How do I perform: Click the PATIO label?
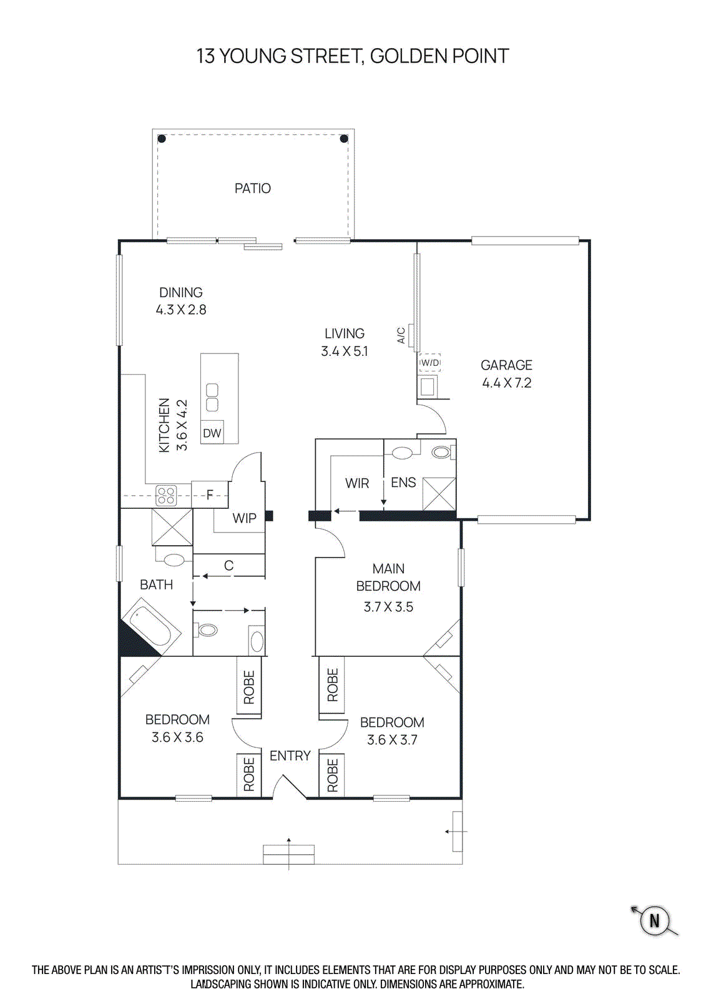point(252,188)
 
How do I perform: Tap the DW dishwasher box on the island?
point(212,433)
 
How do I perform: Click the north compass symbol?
point(654,920)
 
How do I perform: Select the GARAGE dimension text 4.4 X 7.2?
point(506,383)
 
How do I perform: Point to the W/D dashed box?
point(429,363)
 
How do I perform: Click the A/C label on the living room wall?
point(401,335)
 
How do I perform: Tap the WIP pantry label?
point(244,518)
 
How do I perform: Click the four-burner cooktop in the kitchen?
point(166,496)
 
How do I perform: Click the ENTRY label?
point(290,755)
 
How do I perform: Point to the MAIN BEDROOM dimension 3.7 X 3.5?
point(388,606)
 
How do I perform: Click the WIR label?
point(356,483)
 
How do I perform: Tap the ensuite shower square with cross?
point(439,494)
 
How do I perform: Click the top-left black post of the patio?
point(161,139)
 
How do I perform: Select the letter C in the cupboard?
point(228,565)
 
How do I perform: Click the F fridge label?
point(210,495)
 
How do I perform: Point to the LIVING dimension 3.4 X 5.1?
point(344,351)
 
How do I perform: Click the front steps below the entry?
point(288,854)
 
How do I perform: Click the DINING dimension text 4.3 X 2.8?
point(180,309)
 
